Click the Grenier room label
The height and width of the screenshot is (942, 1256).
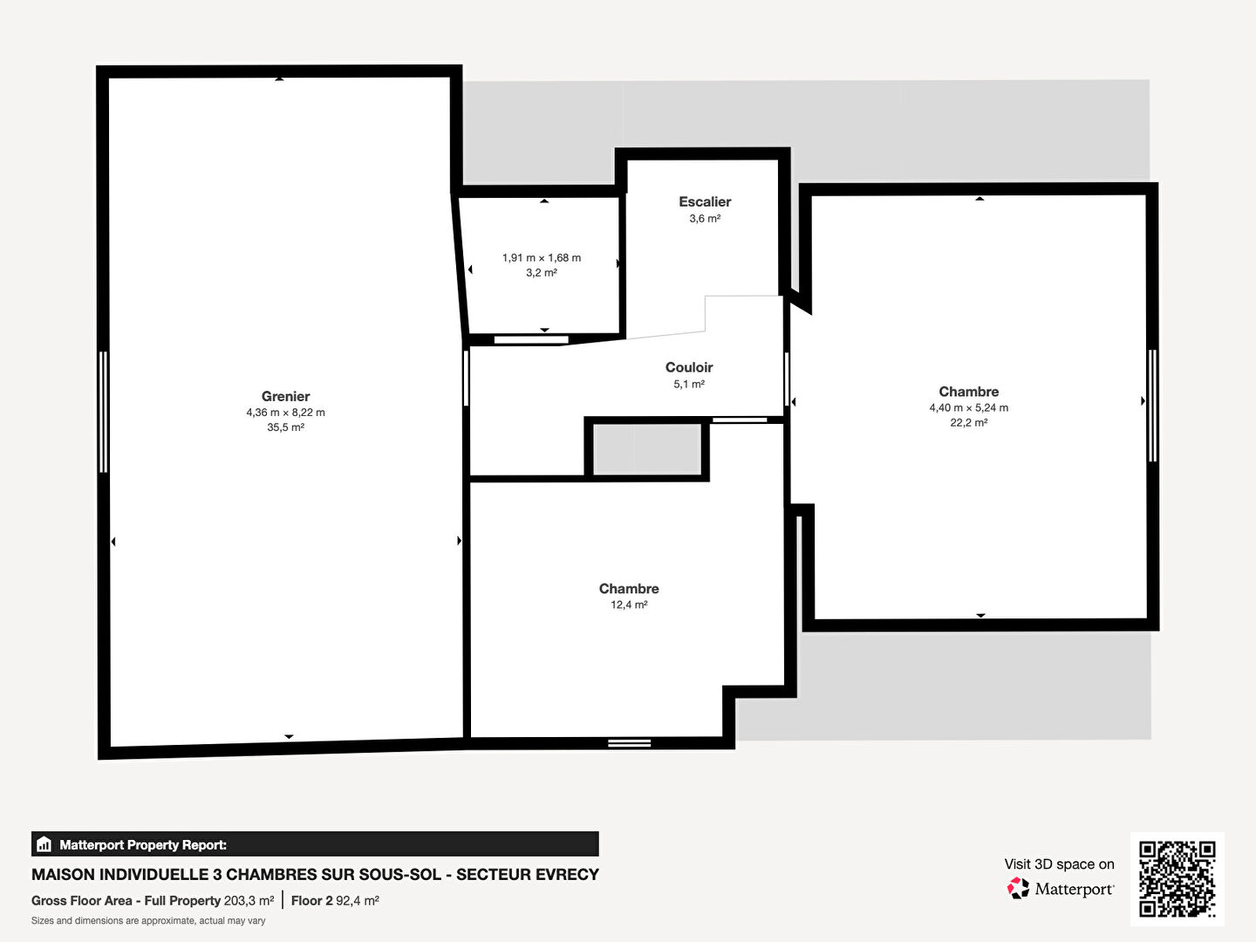(285, 396)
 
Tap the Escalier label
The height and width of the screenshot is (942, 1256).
(705, 201)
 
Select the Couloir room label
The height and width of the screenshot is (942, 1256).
(689, 367)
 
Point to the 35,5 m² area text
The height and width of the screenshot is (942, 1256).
(285, 427)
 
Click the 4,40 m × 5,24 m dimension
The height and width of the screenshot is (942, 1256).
(969, 408)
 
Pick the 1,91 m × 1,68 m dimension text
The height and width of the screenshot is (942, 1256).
(542, 258)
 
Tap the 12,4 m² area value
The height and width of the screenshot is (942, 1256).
(629, 604)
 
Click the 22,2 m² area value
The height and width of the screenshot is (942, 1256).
(969, 423)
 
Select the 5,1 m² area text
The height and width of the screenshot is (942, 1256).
(689, 384)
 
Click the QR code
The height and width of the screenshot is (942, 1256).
(1177, 878)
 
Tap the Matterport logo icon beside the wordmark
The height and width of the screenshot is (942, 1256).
(1018, 888)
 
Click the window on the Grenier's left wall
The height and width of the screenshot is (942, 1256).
(104, 412)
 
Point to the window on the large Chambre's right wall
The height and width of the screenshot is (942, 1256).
(1153, 406)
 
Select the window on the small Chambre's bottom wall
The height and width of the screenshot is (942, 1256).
(630, 743)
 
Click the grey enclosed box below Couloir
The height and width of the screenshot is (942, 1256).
(647, 449)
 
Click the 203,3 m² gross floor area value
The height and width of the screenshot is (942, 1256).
(249, 901)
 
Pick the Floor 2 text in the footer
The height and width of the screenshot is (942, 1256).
(312, 901)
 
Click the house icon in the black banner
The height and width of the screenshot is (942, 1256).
(44, 844)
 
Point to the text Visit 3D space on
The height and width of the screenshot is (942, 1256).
(1059, 864)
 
